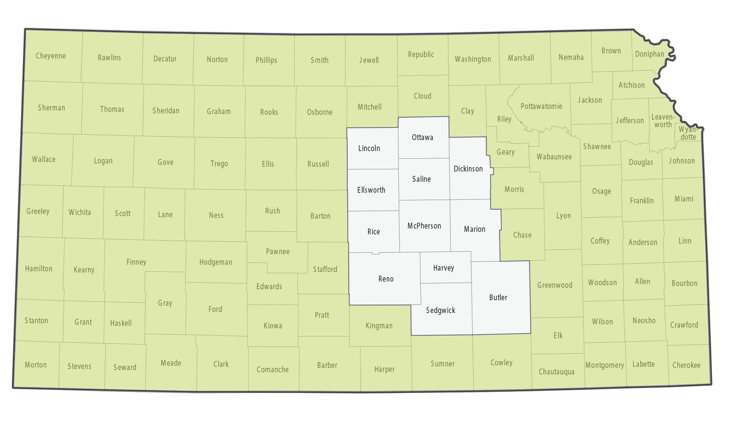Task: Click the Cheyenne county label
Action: [x=51, y=56]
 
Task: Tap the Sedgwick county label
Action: [x=440, y=310]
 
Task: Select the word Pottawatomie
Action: [x=541, y=106]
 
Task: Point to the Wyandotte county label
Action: [x=688, y=133]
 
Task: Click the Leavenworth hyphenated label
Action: [x=663, y=121]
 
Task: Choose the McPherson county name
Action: [x=424, y=226]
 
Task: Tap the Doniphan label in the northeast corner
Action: [x=649, y=54]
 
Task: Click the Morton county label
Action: [x=36, y=365]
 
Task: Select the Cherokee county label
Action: [x=686, y=365]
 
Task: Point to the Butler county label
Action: [x=498, y=297]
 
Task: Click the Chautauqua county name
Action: [x=556, y=372]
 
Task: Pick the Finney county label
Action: [x=136, y=262]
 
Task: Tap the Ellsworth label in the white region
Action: [x=371, y=190]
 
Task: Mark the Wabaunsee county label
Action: [x=554, y=157]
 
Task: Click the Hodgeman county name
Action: [x=216, y=262]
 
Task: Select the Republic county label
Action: [x=421, y=54]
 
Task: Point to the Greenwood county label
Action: [x=554, y=285]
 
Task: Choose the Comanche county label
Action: [x=272, y=369]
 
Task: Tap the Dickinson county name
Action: [x=468, y=169]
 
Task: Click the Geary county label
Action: [x=505, y=152]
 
